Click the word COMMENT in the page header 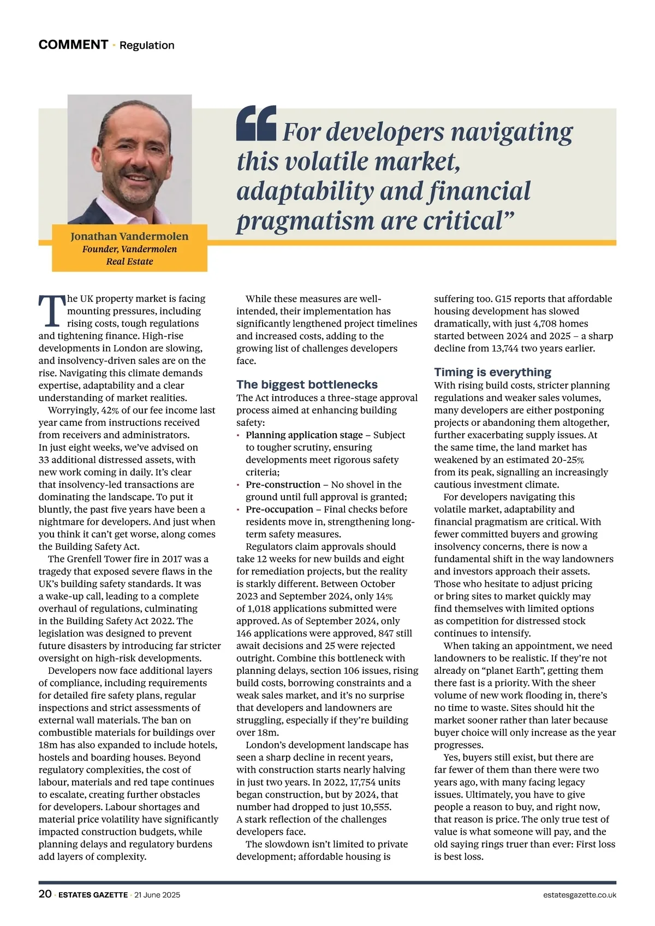pyautogui.click(x=73, y=45)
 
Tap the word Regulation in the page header pyautogui.click(x=147, y=45)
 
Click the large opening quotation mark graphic pyautogui.click(x=256, y=123)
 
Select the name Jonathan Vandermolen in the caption pyautogui.click(x=129, y=236)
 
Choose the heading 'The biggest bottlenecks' pyautogui.click(x=307, y=384)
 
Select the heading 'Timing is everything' pyautogui.click(x=492, y=372)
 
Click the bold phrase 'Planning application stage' pyautogui.click(x=304, y=435)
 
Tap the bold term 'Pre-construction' pyautogui.click(x=283, y=485)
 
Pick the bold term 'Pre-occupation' pyautogui.click(x=279, y=509)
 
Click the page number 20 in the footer pyautogui.click(x=45, y=894)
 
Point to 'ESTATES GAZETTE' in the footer pyautogui.click(x=93, y=895)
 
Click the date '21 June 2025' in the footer pyautogui.click(x=157, y=895)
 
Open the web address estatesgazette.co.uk pyautogui.click(x=580, y=895)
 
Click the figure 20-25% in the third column pyautogui.click(x=567, y=460)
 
